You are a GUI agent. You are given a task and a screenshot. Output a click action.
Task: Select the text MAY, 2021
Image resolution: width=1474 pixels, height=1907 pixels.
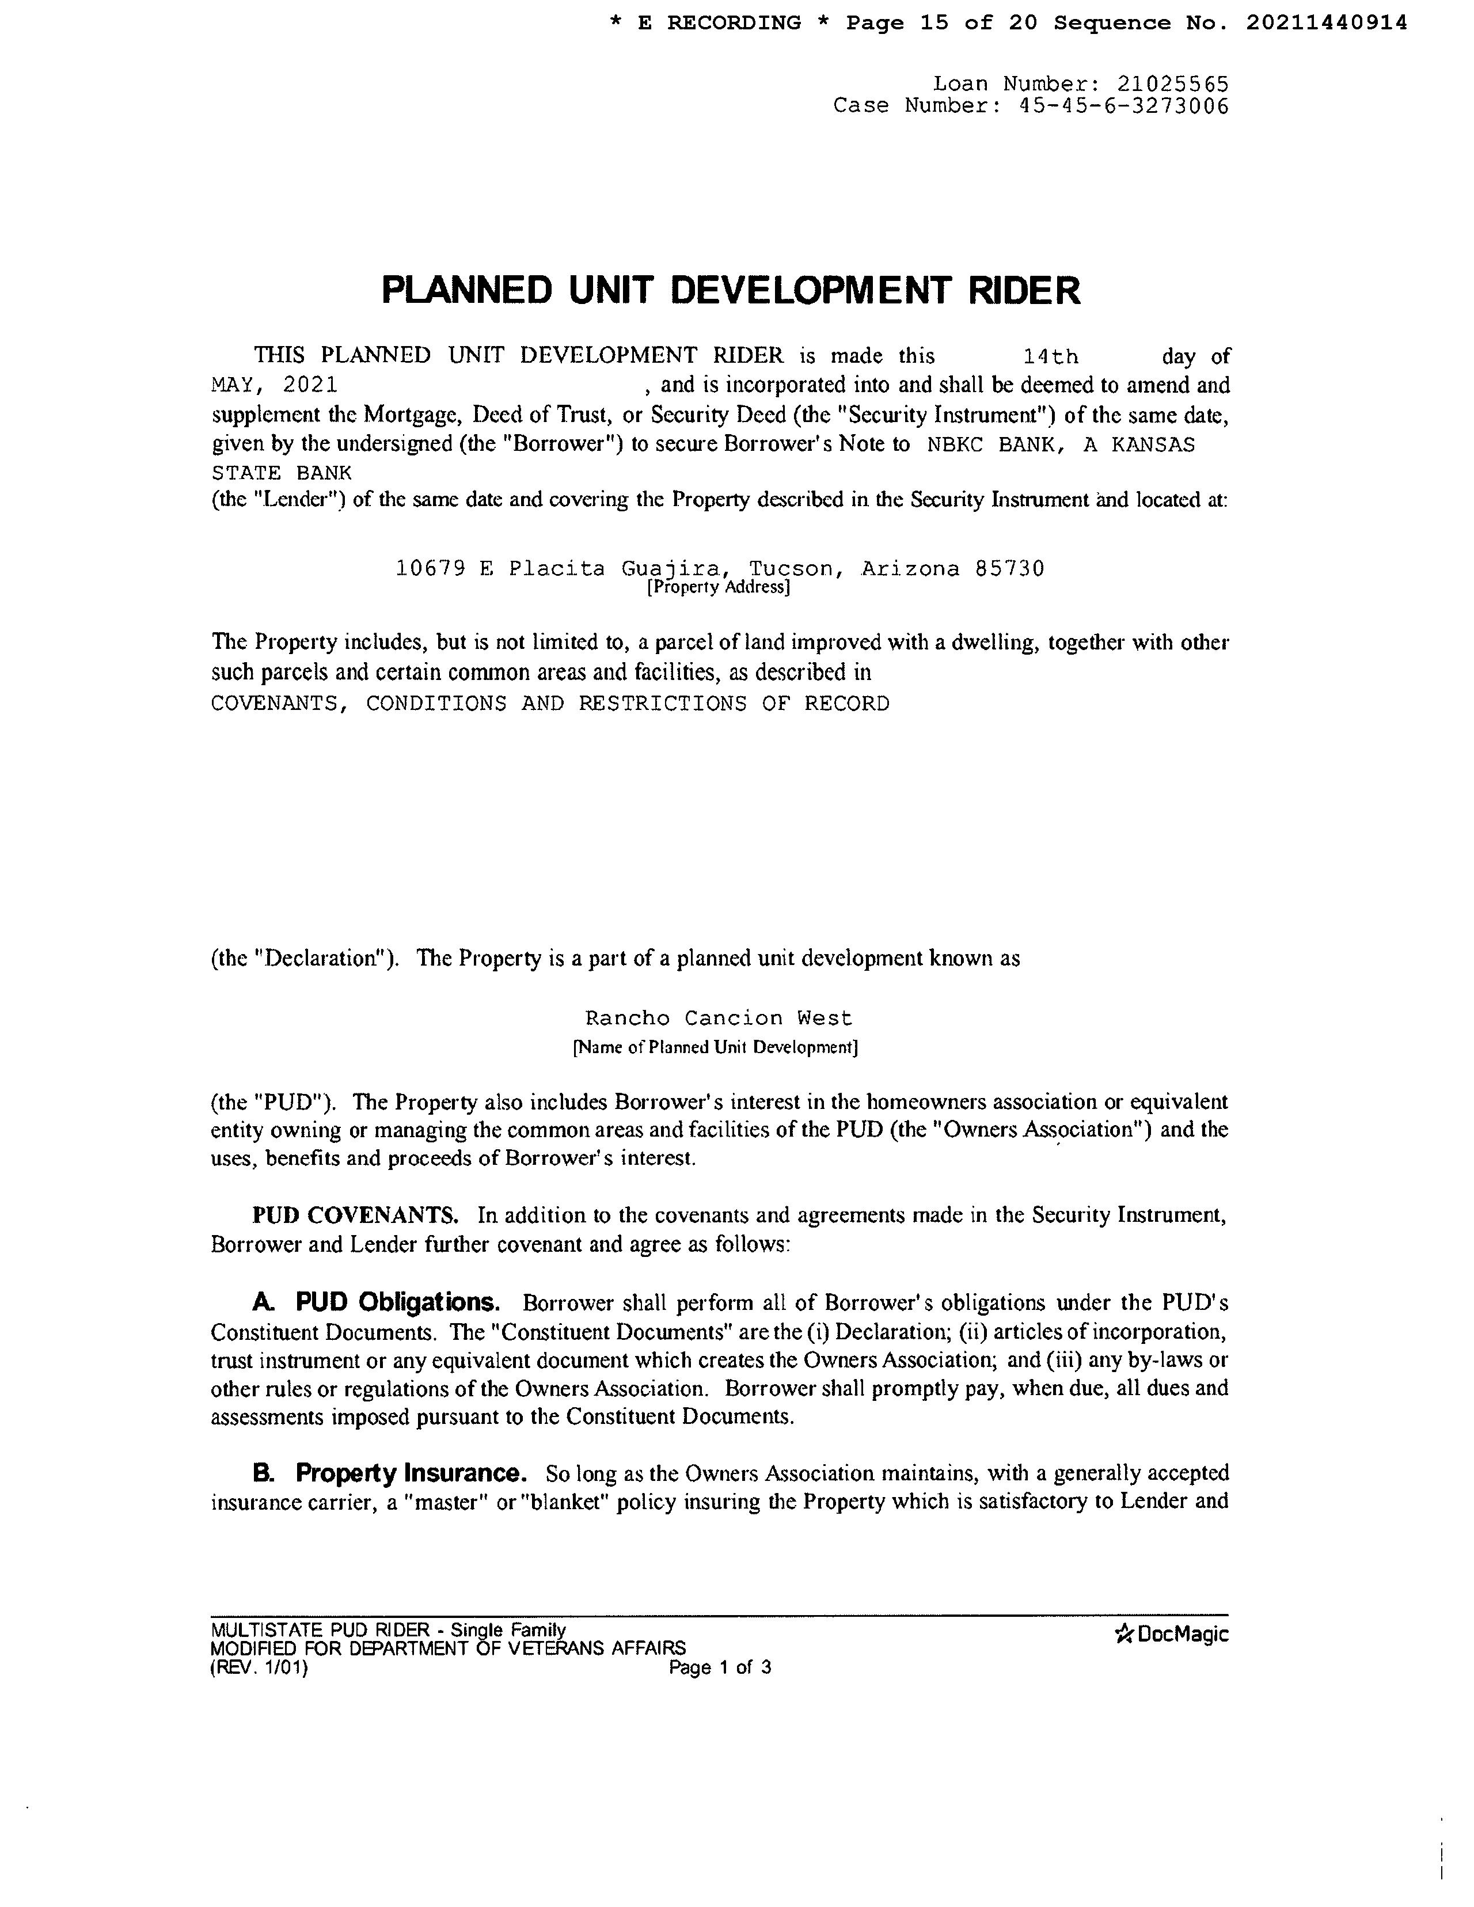(x=274, y=385)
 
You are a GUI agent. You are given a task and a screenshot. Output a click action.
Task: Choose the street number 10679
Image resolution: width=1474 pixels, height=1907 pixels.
(x=430, y=569)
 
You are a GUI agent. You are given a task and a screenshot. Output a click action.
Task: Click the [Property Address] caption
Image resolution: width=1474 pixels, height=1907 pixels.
(x=718, y=588)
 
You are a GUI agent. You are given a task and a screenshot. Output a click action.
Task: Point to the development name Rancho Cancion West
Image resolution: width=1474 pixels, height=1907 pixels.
(x=718, y=1018)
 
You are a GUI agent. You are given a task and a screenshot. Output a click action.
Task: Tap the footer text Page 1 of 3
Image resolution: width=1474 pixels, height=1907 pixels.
(x=720, y=1667)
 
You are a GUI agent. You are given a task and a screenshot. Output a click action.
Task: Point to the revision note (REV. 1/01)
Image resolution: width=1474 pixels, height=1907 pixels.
(x=259, y=1667)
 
